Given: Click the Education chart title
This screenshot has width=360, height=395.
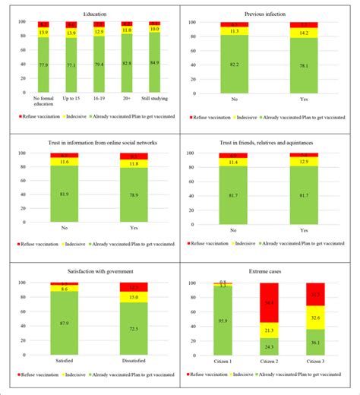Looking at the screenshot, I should point(90,14).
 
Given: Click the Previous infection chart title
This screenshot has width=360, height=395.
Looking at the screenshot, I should point(270,14).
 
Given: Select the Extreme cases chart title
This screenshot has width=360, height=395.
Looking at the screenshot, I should point(270,271).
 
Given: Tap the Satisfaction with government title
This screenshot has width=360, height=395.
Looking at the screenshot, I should point(90,271).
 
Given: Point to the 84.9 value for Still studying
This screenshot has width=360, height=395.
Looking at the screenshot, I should point(154,63).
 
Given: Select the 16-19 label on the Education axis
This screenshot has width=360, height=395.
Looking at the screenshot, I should point(99,100).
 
